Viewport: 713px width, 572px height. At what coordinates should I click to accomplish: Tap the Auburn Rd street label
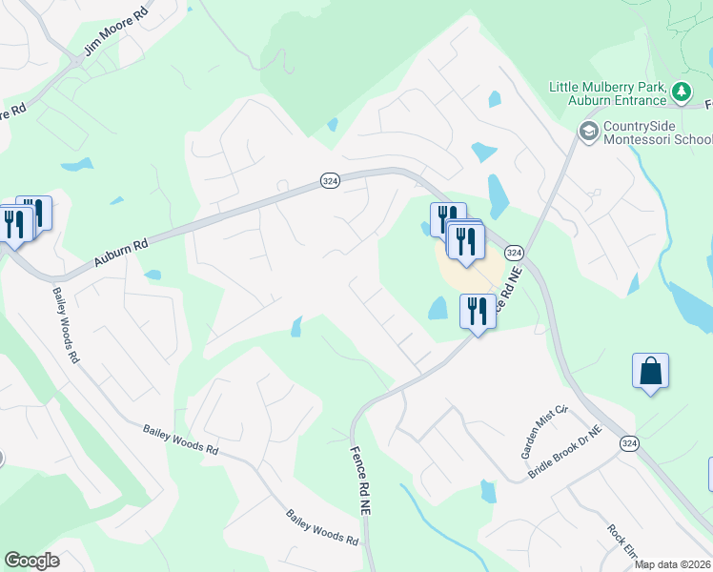(122, 253)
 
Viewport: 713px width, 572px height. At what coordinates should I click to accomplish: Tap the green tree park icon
(682, 92)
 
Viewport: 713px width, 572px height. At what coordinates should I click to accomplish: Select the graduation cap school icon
(588, 130)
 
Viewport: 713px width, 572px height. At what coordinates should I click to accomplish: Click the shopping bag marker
(650, 371)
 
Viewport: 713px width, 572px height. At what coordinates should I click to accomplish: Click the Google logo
(31, 561)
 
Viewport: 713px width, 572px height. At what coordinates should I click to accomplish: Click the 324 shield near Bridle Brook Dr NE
(629, 443)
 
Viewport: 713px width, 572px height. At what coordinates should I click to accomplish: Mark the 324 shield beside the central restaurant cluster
(514, 253)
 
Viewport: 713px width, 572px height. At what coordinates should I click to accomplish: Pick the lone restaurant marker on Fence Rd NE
(477, 311)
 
